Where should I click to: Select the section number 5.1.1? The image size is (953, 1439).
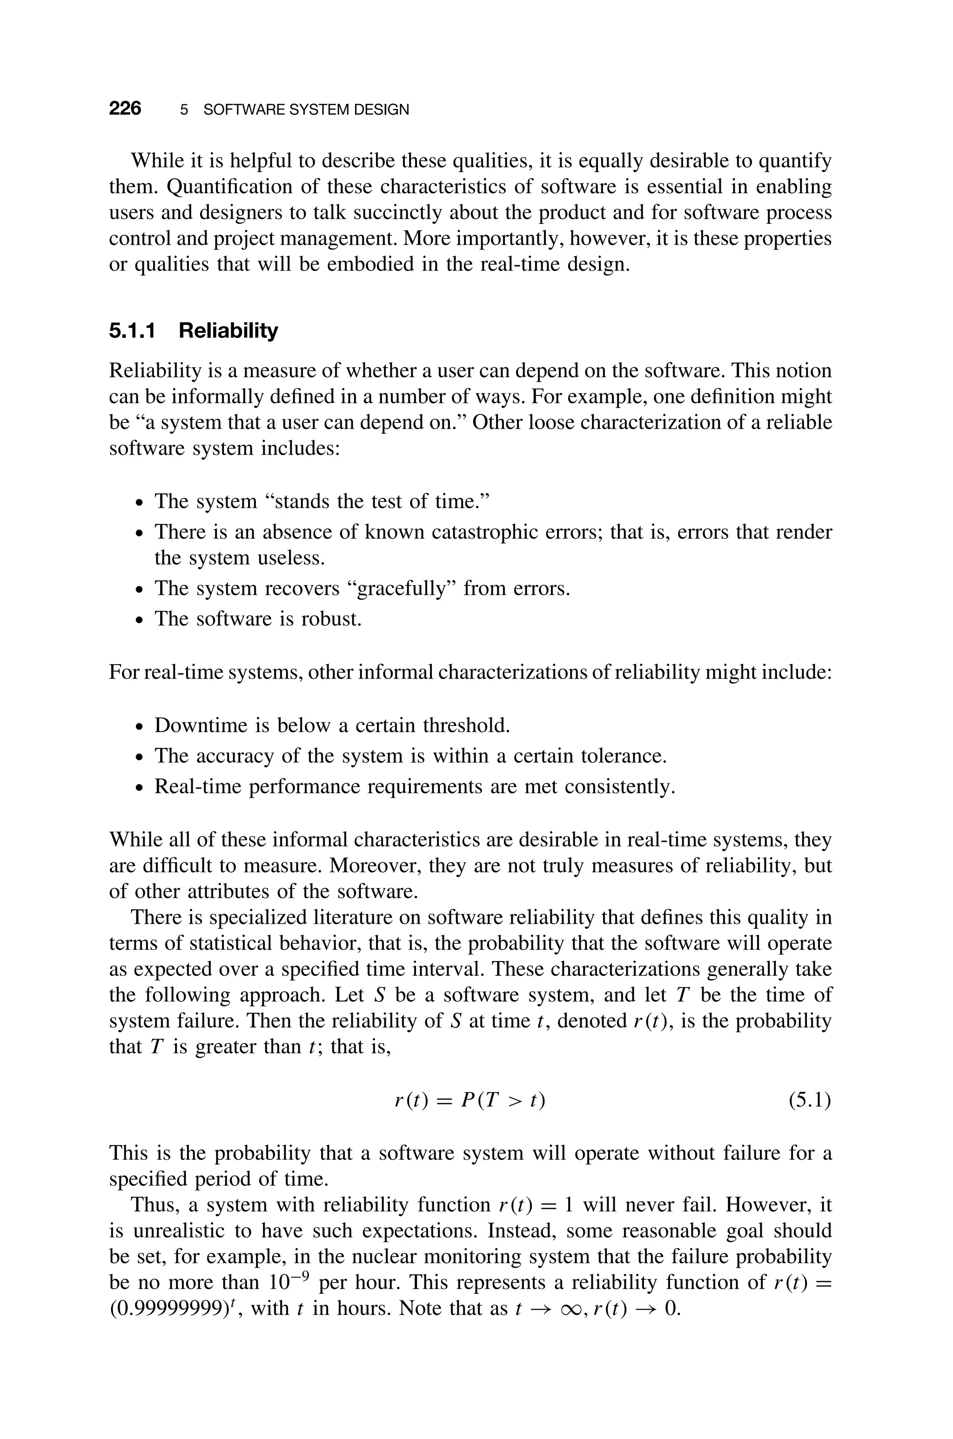pyautogui.click(x=132, y=330)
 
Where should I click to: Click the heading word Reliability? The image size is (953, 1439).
pyautogui.click(x=228, y=330)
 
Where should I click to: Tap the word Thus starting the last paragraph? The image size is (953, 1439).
pyautogui.click(x=154, y=1205)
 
